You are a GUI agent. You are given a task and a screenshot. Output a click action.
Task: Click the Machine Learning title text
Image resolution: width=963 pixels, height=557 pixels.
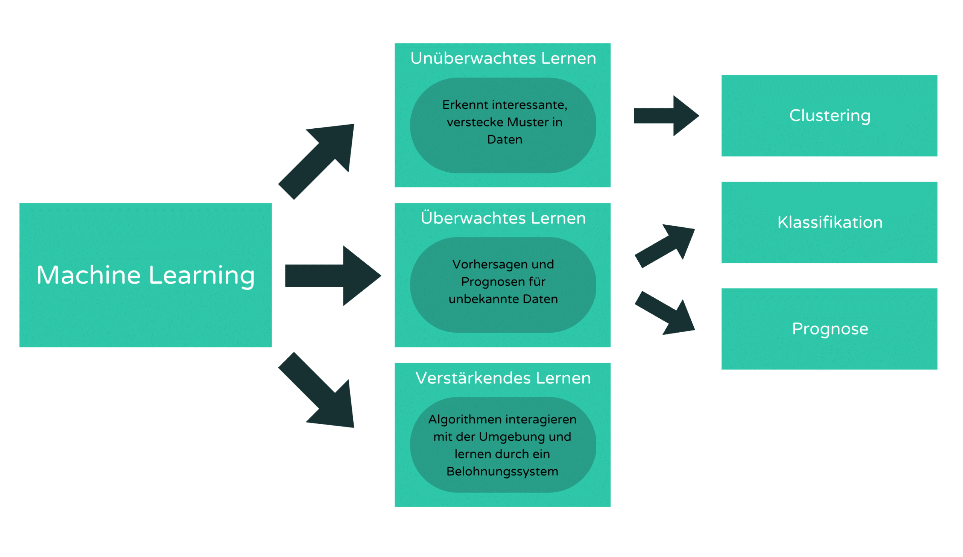click(x=146, y=275)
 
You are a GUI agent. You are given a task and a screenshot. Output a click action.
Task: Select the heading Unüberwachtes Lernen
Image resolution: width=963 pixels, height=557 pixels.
click(x=503, y=58)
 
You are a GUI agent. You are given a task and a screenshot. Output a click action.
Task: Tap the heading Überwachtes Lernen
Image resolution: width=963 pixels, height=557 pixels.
click(x=503, y=218)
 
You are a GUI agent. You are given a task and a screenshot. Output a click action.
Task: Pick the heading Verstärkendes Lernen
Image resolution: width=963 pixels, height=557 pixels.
click(x=503, y=378)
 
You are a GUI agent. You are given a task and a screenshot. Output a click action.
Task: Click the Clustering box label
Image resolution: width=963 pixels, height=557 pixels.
click(x=829, y=116)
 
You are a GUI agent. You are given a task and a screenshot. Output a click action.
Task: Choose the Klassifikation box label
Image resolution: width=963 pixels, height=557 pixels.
click(x=829, y=222)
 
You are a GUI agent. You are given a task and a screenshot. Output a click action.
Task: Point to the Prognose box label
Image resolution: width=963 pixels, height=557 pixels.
click(x=829, y=329)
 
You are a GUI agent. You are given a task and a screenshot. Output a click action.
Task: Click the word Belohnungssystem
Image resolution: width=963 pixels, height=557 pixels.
click(x=502, y=471)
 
